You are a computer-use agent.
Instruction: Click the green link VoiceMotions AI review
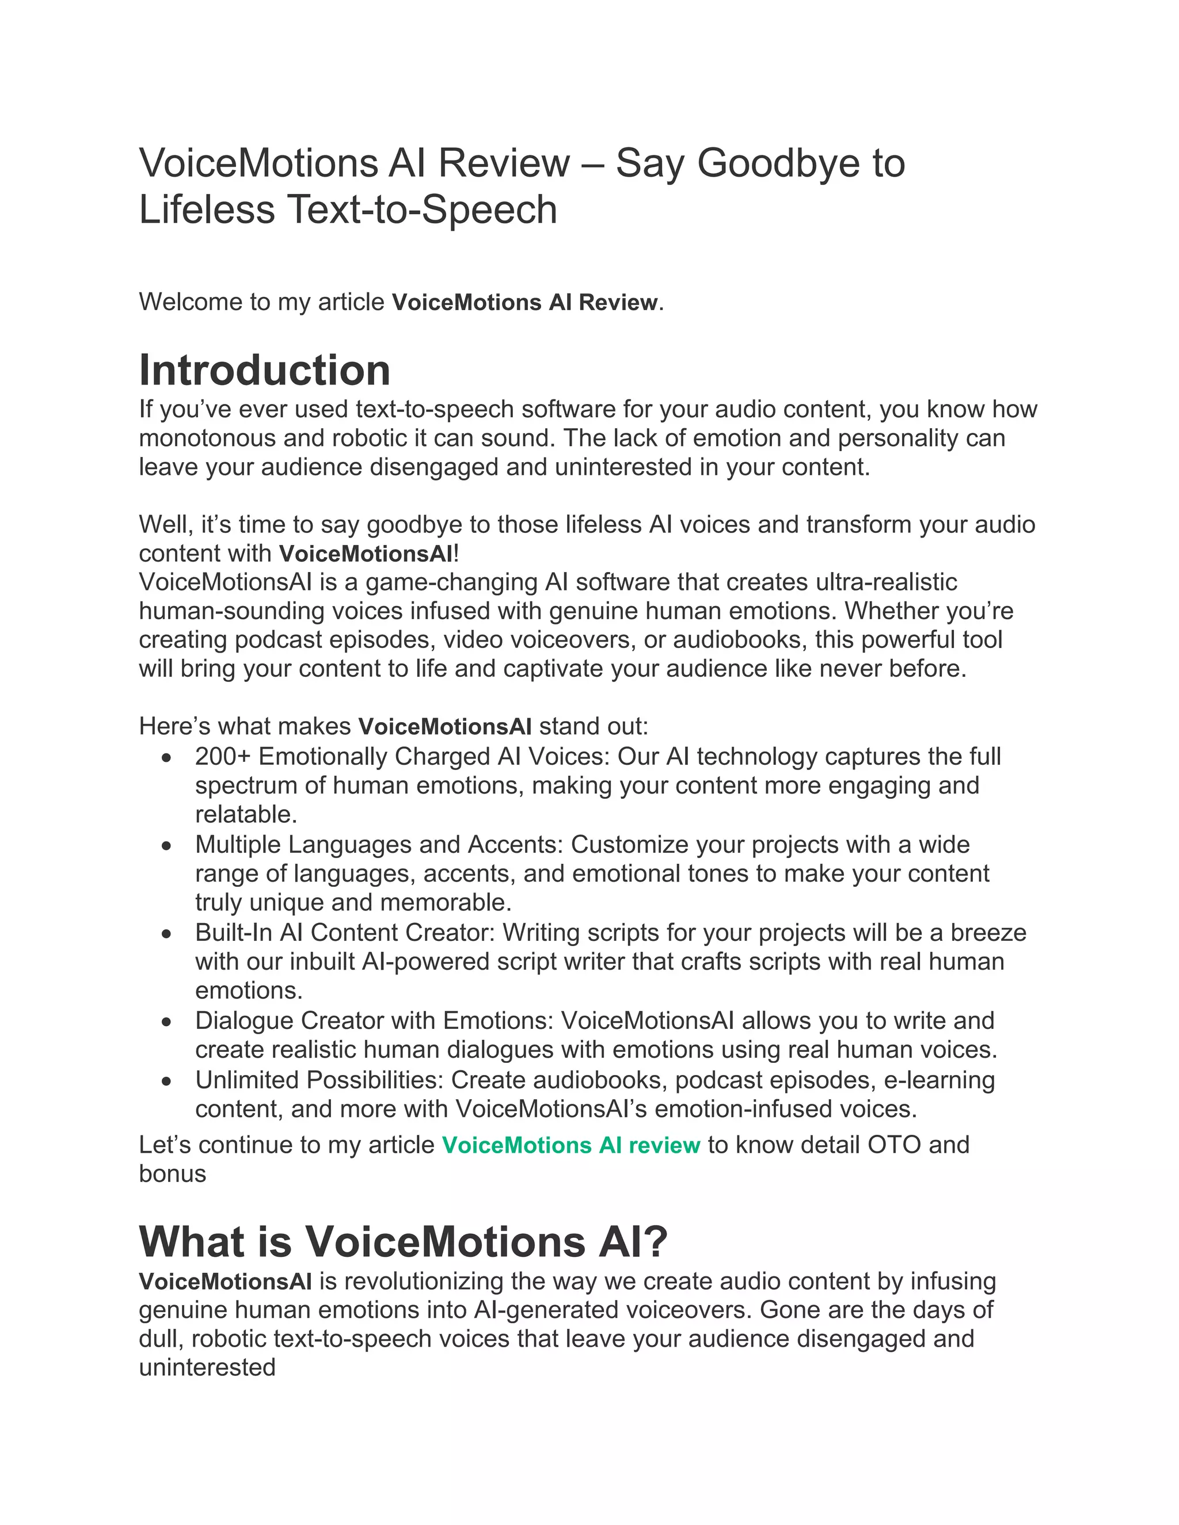pos(571,1145)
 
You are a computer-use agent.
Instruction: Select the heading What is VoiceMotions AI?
pos(404,1241)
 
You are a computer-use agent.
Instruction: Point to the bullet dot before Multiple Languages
pos(166,845)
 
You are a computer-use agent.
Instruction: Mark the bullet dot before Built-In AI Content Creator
pos(166,933)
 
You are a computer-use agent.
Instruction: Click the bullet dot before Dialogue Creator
pos(166,1021)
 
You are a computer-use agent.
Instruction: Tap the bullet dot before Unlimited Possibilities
pos(166,1081)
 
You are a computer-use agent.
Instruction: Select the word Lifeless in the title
pos(207,209)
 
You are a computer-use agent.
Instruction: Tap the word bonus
pos(173,1175)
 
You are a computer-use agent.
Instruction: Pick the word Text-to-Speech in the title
pos(422,209)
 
